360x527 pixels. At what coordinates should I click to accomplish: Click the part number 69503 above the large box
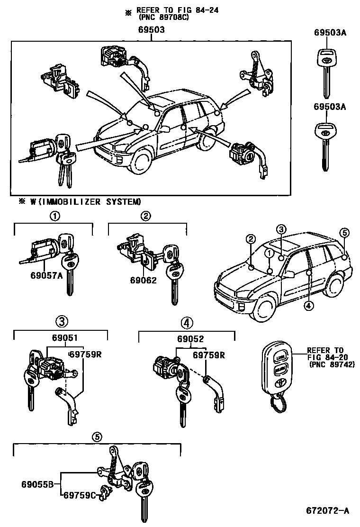pos(152,29)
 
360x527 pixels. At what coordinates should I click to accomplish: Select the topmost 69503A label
pos(330,33)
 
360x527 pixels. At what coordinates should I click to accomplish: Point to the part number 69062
pos(143,281)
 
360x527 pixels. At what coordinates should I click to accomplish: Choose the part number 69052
pos(190,339)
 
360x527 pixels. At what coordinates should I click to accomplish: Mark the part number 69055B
pos(40,484)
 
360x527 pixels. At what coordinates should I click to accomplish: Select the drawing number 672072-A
pos(326,511)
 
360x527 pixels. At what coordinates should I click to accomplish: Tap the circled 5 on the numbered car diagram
pos(344,232)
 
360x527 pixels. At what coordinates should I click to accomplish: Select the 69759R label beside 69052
pos(207,355)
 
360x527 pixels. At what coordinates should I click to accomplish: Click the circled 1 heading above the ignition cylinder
pos(55,216)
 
